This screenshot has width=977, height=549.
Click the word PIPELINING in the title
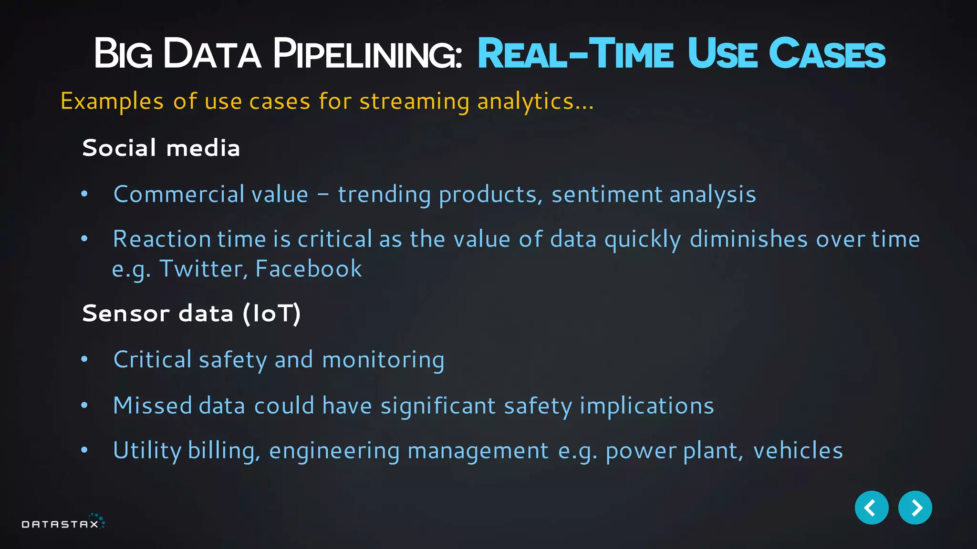tap(367, 54)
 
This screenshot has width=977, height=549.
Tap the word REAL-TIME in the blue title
tap(575, 54)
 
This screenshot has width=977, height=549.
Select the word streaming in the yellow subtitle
tap(414, 102)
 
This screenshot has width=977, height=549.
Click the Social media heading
tap(161, 148)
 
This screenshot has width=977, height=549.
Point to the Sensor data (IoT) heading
tap(191, 314)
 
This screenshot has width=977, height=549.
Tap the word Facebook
tap(309, 269)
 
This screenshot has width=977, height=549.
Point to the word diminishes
tap(748, 239)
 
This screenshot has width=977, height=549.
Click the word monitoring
tap(383, 360)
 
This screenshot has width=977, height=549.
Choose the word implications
tap(646, 406)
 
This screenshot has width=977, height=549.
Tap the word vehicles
tap(798, 450)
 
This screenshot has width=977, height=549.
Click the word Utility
tap(147, 450)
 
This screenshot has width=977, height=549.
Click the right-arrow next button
tap(915, 508)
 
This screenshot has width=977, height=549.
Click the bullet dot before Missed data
tap(84, 406)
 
